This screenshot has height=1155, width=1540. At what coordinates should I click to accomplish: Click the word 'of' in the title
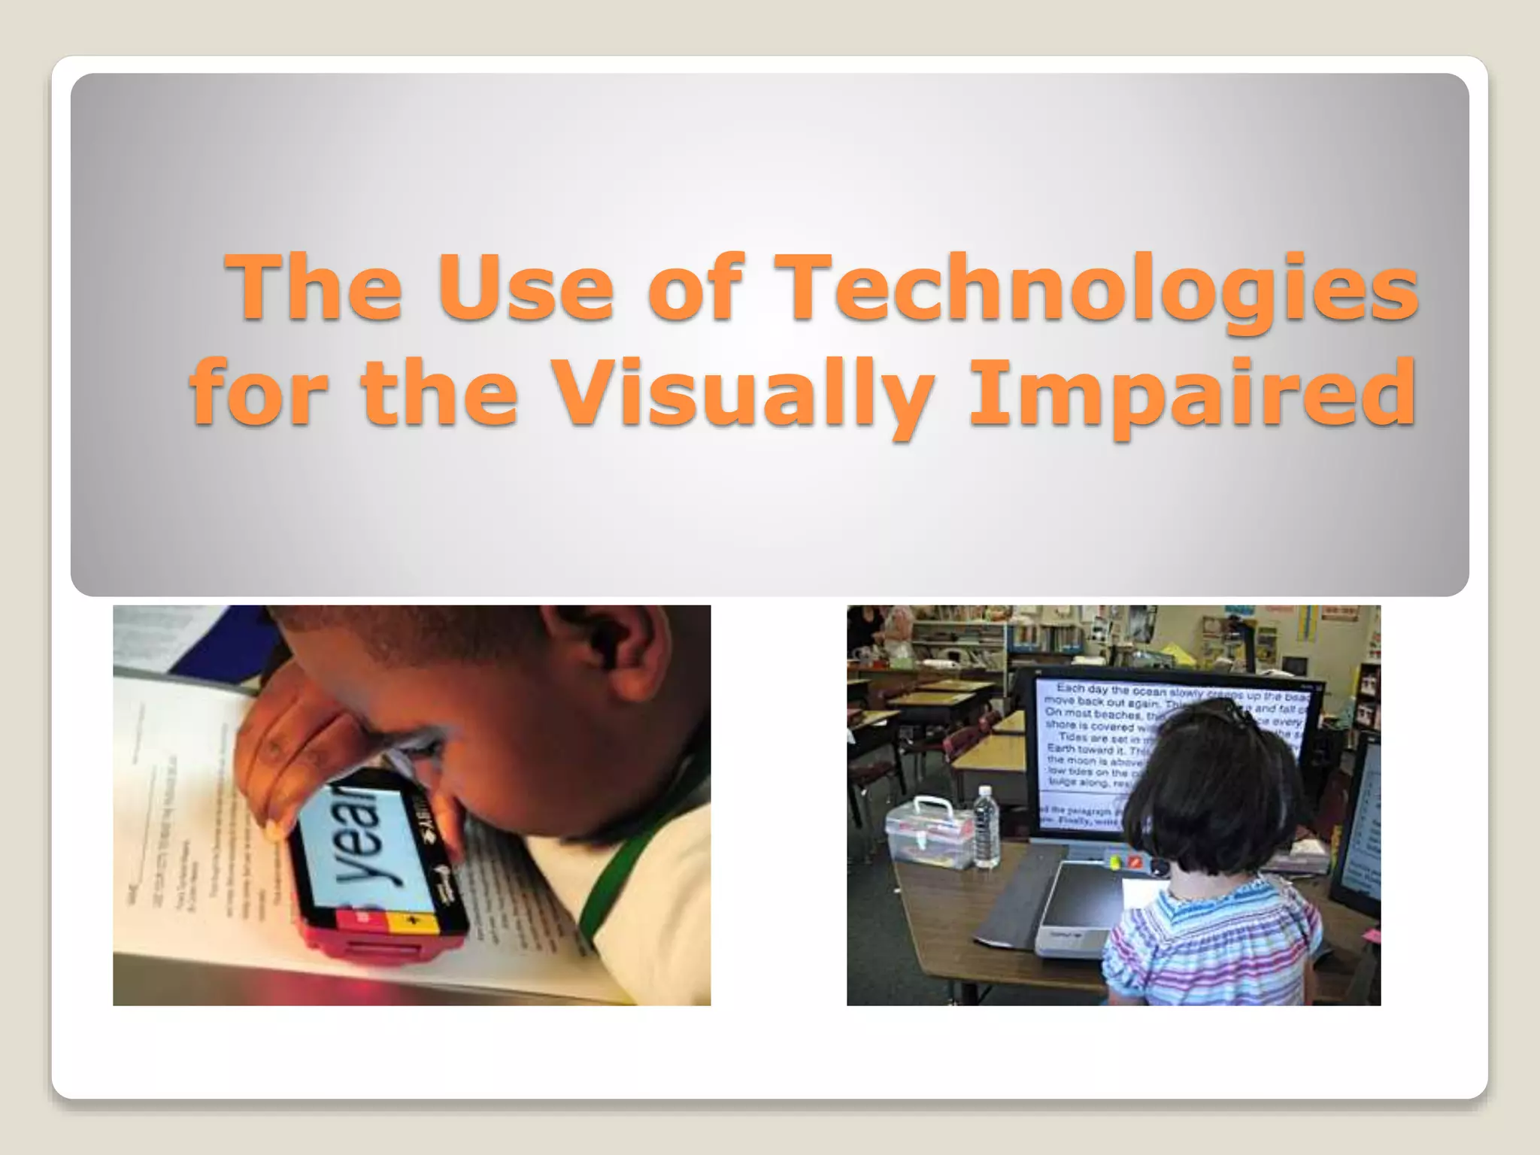(x=695, y=289)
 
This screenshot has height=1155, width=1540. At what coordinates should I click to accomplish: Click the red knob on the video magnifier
(x=1136, y=860)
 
